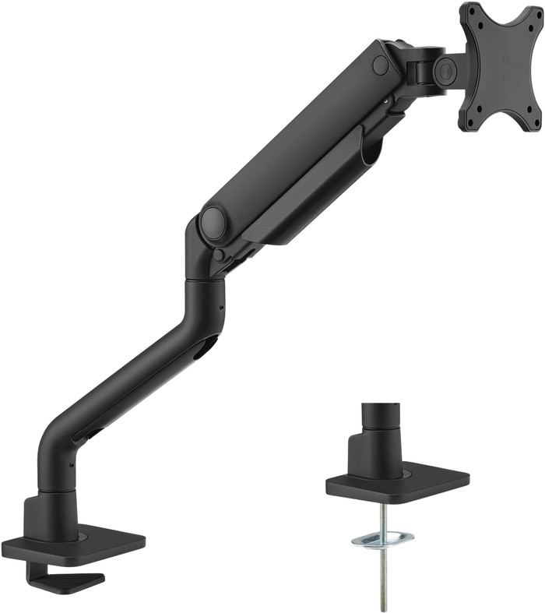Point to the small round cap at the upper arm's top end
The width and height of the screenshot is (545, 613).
pos(381,65)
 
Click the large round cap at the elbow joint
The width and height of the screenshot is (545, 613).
pos(213,222)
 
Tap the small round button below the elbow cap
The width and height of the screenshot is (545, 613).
pos(221,255)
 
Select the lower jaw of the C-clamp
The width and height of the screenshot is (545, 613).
pos(74,581)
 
